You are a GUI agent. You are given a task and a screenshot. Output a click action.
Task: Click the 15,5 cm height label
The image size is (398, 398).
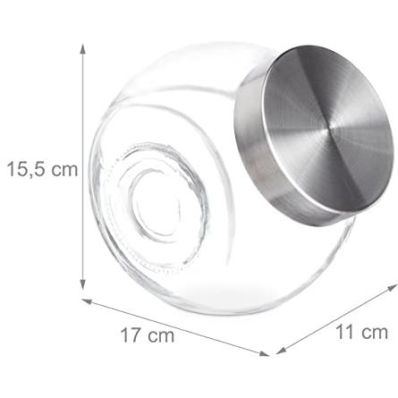[42, 169]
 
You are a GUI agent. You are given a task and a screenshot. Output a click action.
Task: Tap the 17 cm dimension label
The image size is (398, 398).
[148, 334]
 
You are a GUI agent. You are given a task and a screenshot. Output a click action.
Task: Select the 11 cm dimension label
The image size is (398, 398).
[361, 332]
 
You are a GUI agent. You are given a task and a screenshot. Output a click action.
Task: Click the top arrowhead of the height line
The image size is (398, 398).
[83, 49]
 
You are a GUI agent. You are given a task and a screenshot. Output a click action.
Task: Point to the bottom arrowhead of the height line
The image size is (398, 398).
[83, 284]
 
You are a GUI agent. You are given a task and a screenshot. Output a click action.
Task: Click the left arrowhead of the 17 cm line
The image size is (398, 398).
[87, 301]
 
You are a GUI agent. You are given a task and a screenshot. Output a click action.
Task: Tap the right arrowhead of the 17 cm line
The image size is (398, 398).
[264, 353]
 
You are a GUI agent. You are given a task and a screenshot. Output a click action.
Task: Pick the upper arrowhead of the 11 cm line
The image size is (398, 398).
[393, 288]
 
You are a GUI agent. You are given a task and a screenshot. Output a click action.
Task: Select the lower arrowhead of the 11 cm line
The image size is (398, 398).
[281, 351]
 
